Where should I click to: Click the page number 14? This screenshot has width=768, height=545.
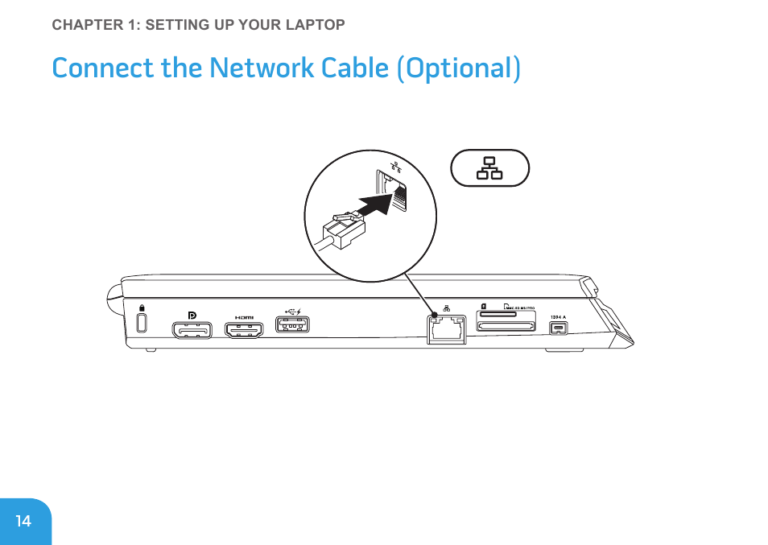[x=23, y=521]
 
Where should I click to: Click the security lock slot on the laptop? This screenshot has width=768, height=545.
[x=142, y=322]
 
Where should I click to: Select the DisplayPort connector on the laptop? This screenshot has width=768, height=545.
[x=192, y=329]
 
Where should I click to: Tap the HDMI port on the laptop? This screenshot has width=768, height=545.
[x=244, y=329]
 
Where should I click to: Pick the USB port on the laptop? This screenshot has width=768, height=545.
[x=293, y=325]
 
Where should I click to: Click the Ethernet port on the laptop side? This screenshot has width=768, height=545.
[x=446, y=329]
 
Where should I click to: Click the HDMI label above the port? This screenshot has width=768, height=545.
[x=243, y=317]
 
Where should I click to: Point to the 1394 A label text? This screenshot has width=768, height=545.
[x=558, y=316]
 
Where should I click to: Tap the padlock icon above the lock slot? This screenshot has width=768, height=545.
[x=142, y=308]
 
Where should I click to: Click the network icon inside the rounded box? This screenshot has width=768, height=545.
[x=489, y=167]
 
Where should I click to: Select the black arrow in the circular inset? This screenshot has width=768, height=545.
[x=374, y=203]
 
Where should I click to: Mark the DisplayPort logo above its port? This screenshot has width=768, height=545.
[x=192, y=315]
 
